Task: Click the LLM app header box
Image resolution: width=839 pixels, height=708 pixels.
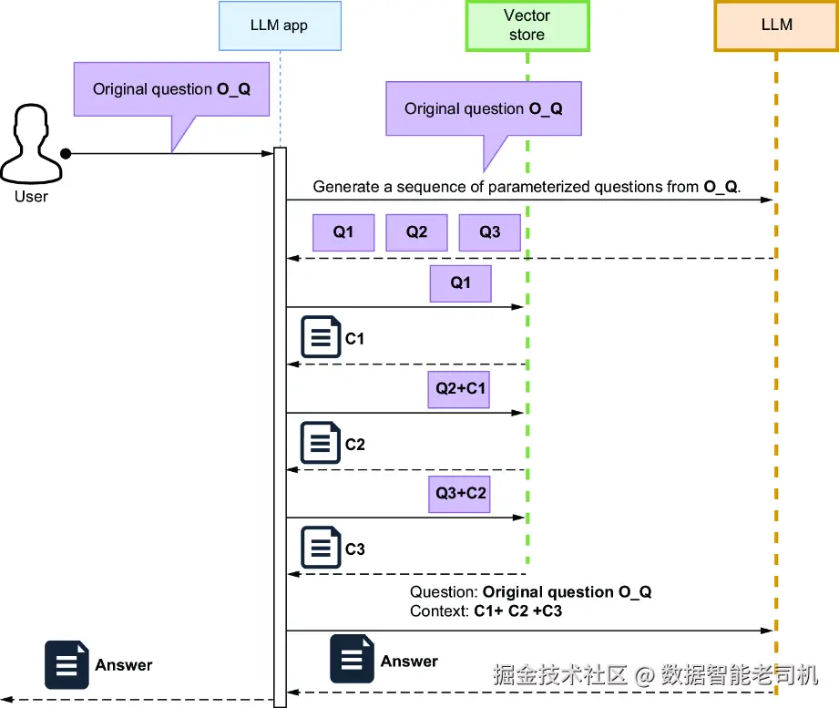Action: click(x=280, y=26)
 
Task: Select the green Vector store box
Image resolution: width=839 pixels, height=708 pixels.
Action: click(x=527, y=26)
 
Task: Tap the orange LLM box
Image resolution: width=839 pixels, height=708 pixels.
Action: click(x=776, y=26)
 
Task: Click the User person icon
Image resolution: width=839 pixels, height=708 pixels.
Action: click(x=31, y=144)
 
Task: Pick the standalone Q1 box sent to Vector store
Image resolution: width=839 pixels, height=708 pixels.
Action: click(x=461, y=283)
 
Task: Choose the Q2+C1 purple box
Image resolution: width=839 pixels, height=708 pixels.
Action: click(x=461, y=389)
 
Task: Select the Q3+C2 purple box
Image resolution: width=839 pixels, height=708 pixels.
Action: click(x=461, y=494)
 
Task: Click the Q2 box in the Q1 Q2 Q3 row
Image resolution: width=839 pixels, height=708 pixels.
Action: click(x=416, y=232)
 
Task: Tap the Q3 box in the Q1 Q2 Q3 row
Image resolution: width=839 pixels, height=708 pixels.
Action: click(x=490, y=232)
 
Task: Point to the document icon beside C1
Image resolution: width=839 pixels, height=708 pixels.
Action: click(x=319, y=338)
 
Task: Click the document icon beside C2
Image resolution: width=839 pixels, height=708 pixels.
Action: click(x=319, y=444)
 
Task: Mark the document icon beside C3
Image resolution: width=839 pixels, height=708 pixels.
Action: click(x=319, y=549)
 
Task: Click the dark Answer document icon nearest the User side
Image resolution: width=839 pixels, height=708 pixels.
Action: click(x=67, y=664)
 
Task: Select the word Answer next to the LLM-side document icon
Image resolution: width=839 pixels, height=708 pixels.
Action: click(x=409, y=662)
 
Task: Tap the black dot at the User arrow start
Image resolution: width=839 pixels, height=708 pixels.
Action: click(x=66, y=153)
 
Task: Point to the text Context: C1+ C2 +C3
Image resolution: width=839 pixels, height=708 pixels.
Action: click(x=486, y=611)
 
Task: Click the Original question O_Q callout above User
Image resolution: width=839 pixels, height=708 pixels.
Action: click(x=171, y=89)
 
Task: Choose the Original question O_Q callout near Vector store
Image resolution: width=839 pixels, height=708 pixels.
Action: click(x=483, y=109)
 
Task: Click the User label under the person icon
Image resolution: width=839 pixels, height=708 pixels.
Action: click(x=31, y=196)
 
